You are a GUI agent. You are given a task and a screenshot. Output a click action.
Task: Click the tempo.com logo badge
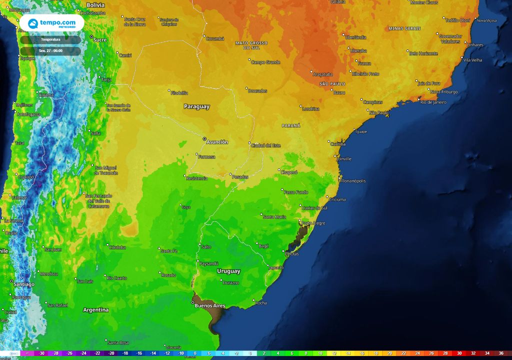[x=51, y=23]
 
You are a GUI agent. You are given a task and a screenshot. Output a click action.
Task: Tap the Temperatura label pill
[x=50, y=39]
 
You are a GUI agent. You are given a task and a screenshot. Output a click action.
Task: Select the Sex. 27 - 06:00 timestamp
[x=50, y=51]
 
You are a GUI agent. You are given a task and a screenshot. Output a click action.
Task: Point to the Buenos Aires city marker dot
[x=193, y=302]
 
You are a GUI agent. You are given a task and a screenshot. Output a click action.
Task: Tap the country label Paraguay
[x=196, y=106]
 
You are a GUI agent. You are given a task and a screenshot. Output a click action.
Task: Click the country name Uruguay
[x=228, y=271]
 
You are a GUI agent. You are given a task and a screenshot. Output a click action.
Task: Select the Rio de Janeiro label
[x=433, y=102]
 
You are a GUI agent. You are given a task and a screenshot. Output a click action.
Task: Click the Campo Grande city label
[x=265, y=62]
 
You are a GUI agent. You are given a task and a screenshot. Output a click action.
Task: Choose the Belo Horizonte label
[x=423, y=53]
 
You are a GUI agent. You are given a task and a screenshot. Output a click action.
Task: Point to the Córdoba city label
[x=117, y=247]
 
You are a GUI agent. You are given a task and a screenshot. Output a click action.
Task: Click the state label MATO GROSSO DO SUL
[x=251, y=45]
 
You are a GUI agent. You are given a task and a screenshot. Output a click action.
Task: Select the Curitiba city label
[x=338, y=144]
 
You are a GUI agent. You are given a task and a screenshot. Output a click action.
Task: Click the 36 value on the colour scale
[x=501, y=353]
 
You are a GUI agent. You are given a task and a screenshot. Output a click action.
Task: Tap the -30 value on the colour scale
[x=42, y=353]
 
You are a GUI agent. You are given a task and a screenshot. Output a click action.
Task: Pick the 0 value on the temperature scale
[x=250, y=353]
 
